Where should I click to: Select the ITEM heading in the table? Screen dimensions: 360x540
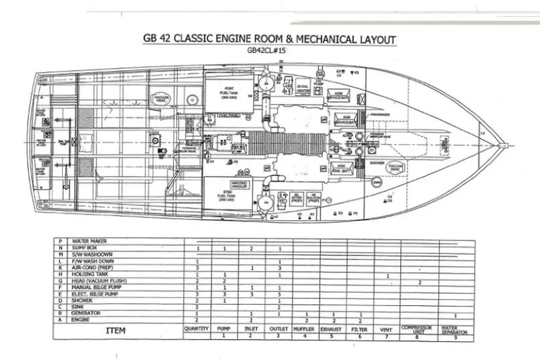pos(118,330)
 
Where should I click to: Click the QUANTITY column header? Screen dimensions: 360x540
pos(197,328)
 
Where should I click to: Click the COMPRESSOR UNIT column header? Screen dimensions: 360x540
pos(420,329)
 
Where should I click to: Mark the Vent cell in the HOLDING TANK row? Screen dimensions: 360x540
pos(387,275)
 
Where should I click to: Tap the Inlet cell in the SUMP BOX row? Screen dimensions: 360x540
pos(251,249)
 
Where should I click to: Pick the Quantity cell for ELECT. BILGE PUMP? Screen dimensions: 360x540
pos(197,294)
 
